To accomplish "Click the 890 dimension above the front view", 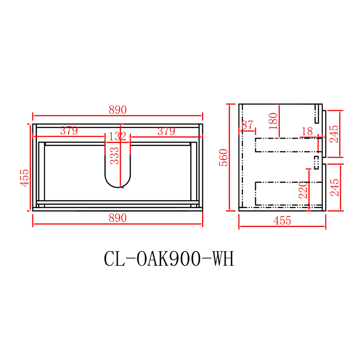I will (x=117, y=110).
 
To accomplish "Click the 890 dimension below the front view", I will (x=117, y=218).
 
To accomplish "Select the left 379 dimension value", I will (x=69, y=131).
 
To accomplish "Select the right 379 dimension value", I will (x=166, y=131).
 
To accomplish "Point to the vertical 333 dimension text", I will (x=115, y=156).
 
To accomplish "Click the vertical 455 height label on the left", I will (x=25, y=177).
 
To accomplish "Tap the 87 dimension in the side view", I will (x=247, y=126).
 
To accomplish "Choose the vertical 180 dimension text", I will (x=273, y=121).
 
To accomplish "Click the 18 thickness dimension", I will (x=307, y=131).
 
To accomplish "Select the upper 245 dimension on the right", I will (x=334, y=134).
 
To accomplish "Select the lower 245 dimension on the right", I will (x=334, y=187).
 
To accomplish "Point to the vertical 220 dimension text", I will (x=302, y=190).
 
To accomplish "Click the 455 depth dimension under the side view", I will (x=282, y=221).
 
